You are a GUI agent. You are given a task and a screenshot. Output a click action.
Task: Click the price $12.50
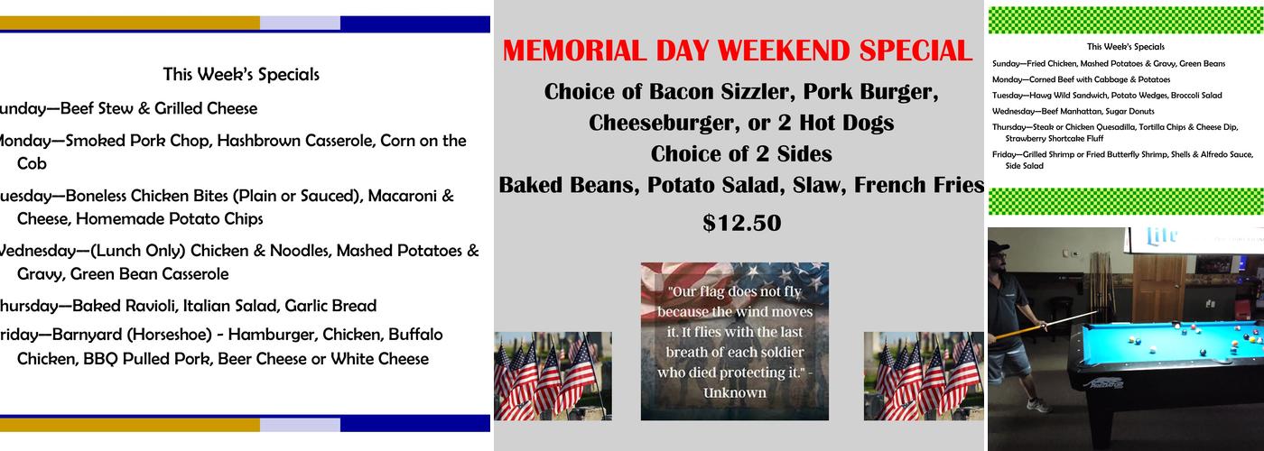(x=741, y=223)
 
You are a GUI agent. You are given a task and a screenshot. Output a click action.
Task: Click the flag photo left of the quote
(x=553, y=375)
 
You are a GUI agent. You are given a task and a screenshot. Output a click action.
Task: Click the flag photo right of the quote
(x=923, y=375)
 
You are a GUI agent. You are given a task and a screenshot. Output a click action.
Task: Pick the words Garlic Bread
(x=334, y=306)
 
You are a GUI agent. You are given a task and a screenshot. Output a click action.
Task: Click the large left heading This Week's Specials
(x=240, y=75)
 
